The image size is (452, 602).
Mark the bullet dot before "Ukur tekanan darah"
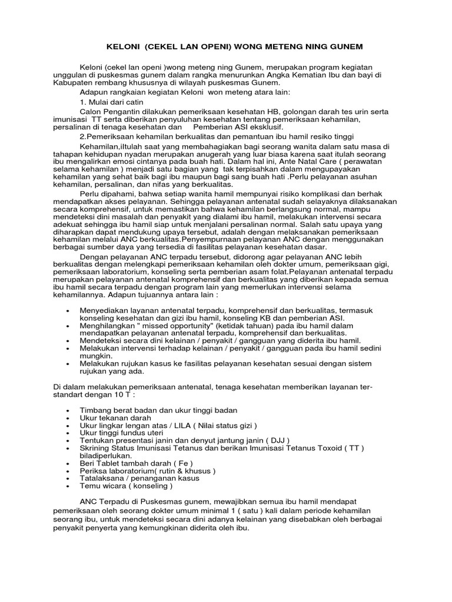(x=70, y=417)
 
